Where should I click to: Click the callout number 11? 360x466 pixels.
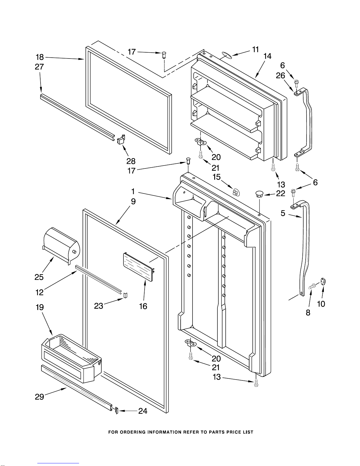[x=255, y=49]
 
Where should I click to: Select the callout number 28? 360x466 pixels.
[x=131, y=161]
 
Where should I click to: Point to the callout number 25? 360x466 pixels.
[x=39, y=277]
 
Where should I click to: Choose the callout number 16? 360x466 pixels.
[x=143, y=306]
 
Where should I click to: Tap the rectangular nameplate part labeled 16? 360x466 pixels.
[x=138, y=267]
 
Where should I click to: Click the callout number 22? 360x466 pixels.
[x=280, y=193]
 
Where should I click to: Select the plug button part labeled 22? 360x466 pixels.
[x=259, y=194]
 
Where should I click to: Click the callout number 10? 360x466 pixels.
[x=321, y=304]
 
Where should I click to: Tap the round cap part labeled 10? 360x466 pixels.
[x=323, y=281]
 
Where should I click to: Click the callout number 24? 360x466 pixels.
[x=143, y=411]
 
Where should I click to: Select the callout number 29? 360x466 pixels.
[x=39, y=397]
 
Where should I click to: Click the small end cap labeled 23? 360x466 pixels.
[x=125, y=295]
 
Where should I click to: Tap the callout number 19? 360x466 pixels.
[x=40, y=307]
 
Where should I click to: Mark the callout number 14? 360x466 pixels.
[x=267, y=56]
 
